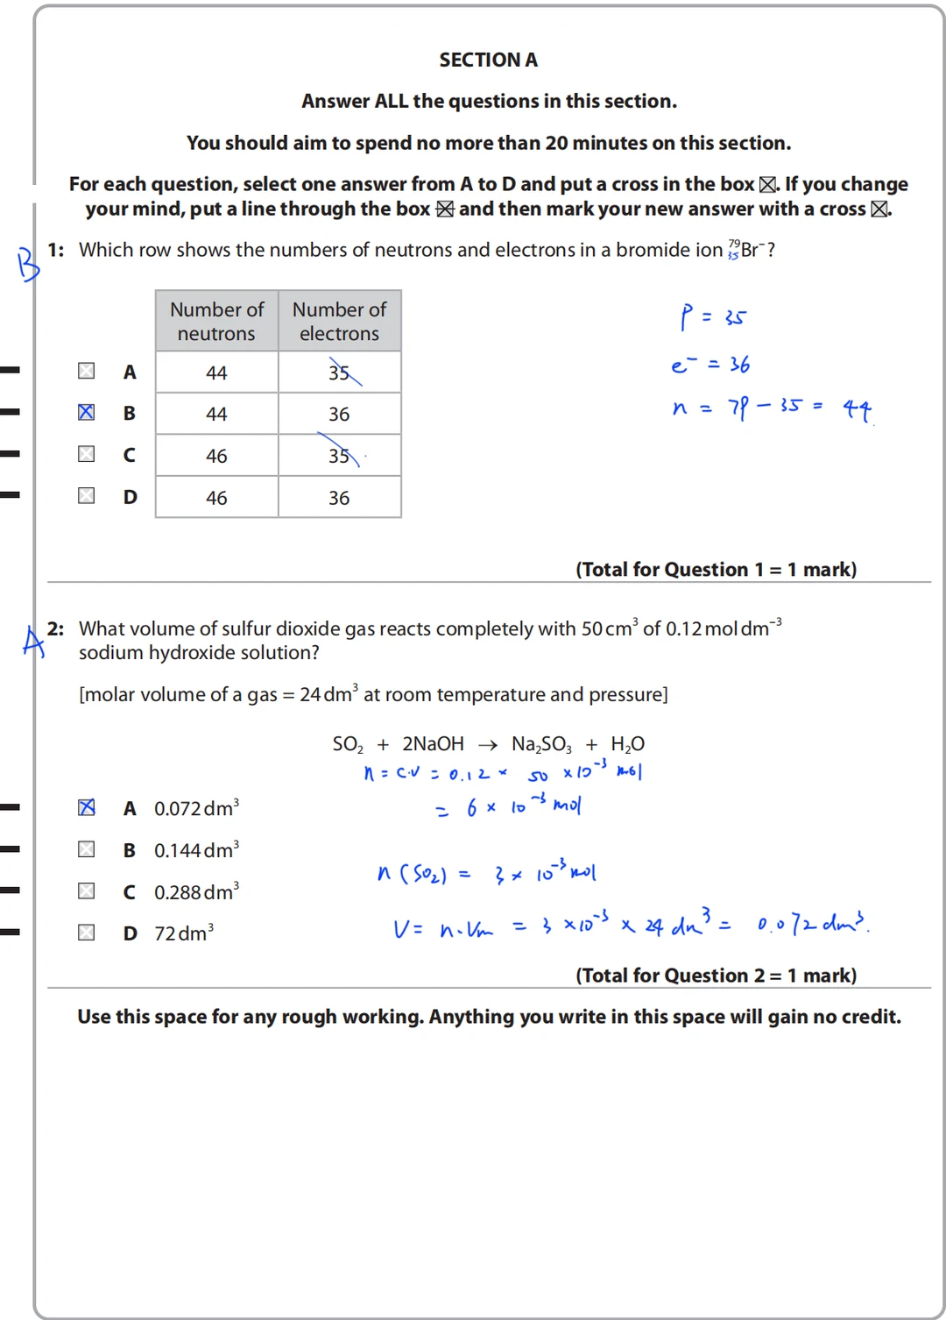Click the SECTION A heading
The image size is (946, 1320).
coord(488,60)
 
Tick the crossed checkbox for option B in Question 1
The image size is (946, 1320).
coord(86,412)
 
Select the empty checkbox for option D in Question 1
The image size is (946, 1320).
coord(86,496)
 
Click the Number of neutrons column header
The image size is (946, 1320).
coord(216,322)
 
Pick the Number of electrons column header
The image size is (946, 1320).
coord(339,322)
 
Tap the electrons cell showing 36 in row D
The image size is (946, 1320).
coord(339,498)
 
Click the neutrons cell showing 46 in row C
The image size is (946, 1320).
coord(216,456)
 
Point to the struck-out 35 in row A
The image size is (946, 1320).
coord(340,373)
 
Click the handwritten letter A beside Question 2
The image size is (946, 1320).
coord(33,642)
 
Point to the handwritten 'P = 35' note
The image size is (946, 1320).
coord(712,316)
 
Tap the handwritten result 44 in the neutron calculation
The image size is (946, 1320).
coord(857,408)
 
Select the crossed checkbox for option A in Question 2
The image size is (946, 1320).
coord(86,807)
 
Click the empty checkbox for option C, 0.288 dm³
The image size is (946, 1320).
coord(86,891)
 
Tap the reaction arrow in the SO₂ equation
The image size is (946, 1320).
coord(488,745)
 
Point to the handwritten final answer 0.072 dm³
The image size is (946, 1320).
coord(811,924)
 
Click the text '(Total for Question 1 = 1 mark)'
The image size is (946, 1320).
coord(716,570)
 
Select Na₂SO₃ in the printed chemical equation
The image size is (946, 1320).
coord(541,745)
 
